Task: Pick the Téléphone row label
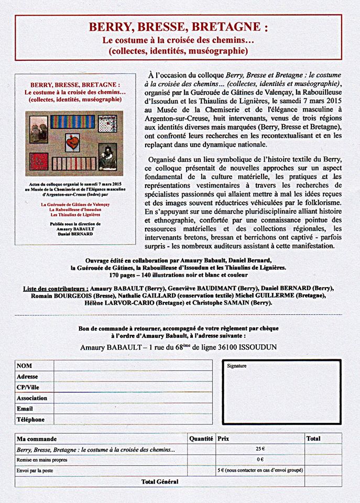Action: point(30,419)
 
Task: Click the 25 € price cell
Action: point(260,449)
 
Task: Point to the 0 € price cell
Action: point(260,460)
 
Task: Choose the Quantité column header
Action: point(201,438)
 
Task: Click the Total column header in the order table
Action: point(313,438)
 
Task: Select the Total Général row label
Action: point(160,482)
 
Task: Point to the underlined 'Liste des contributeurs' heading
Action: point(55,288)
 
